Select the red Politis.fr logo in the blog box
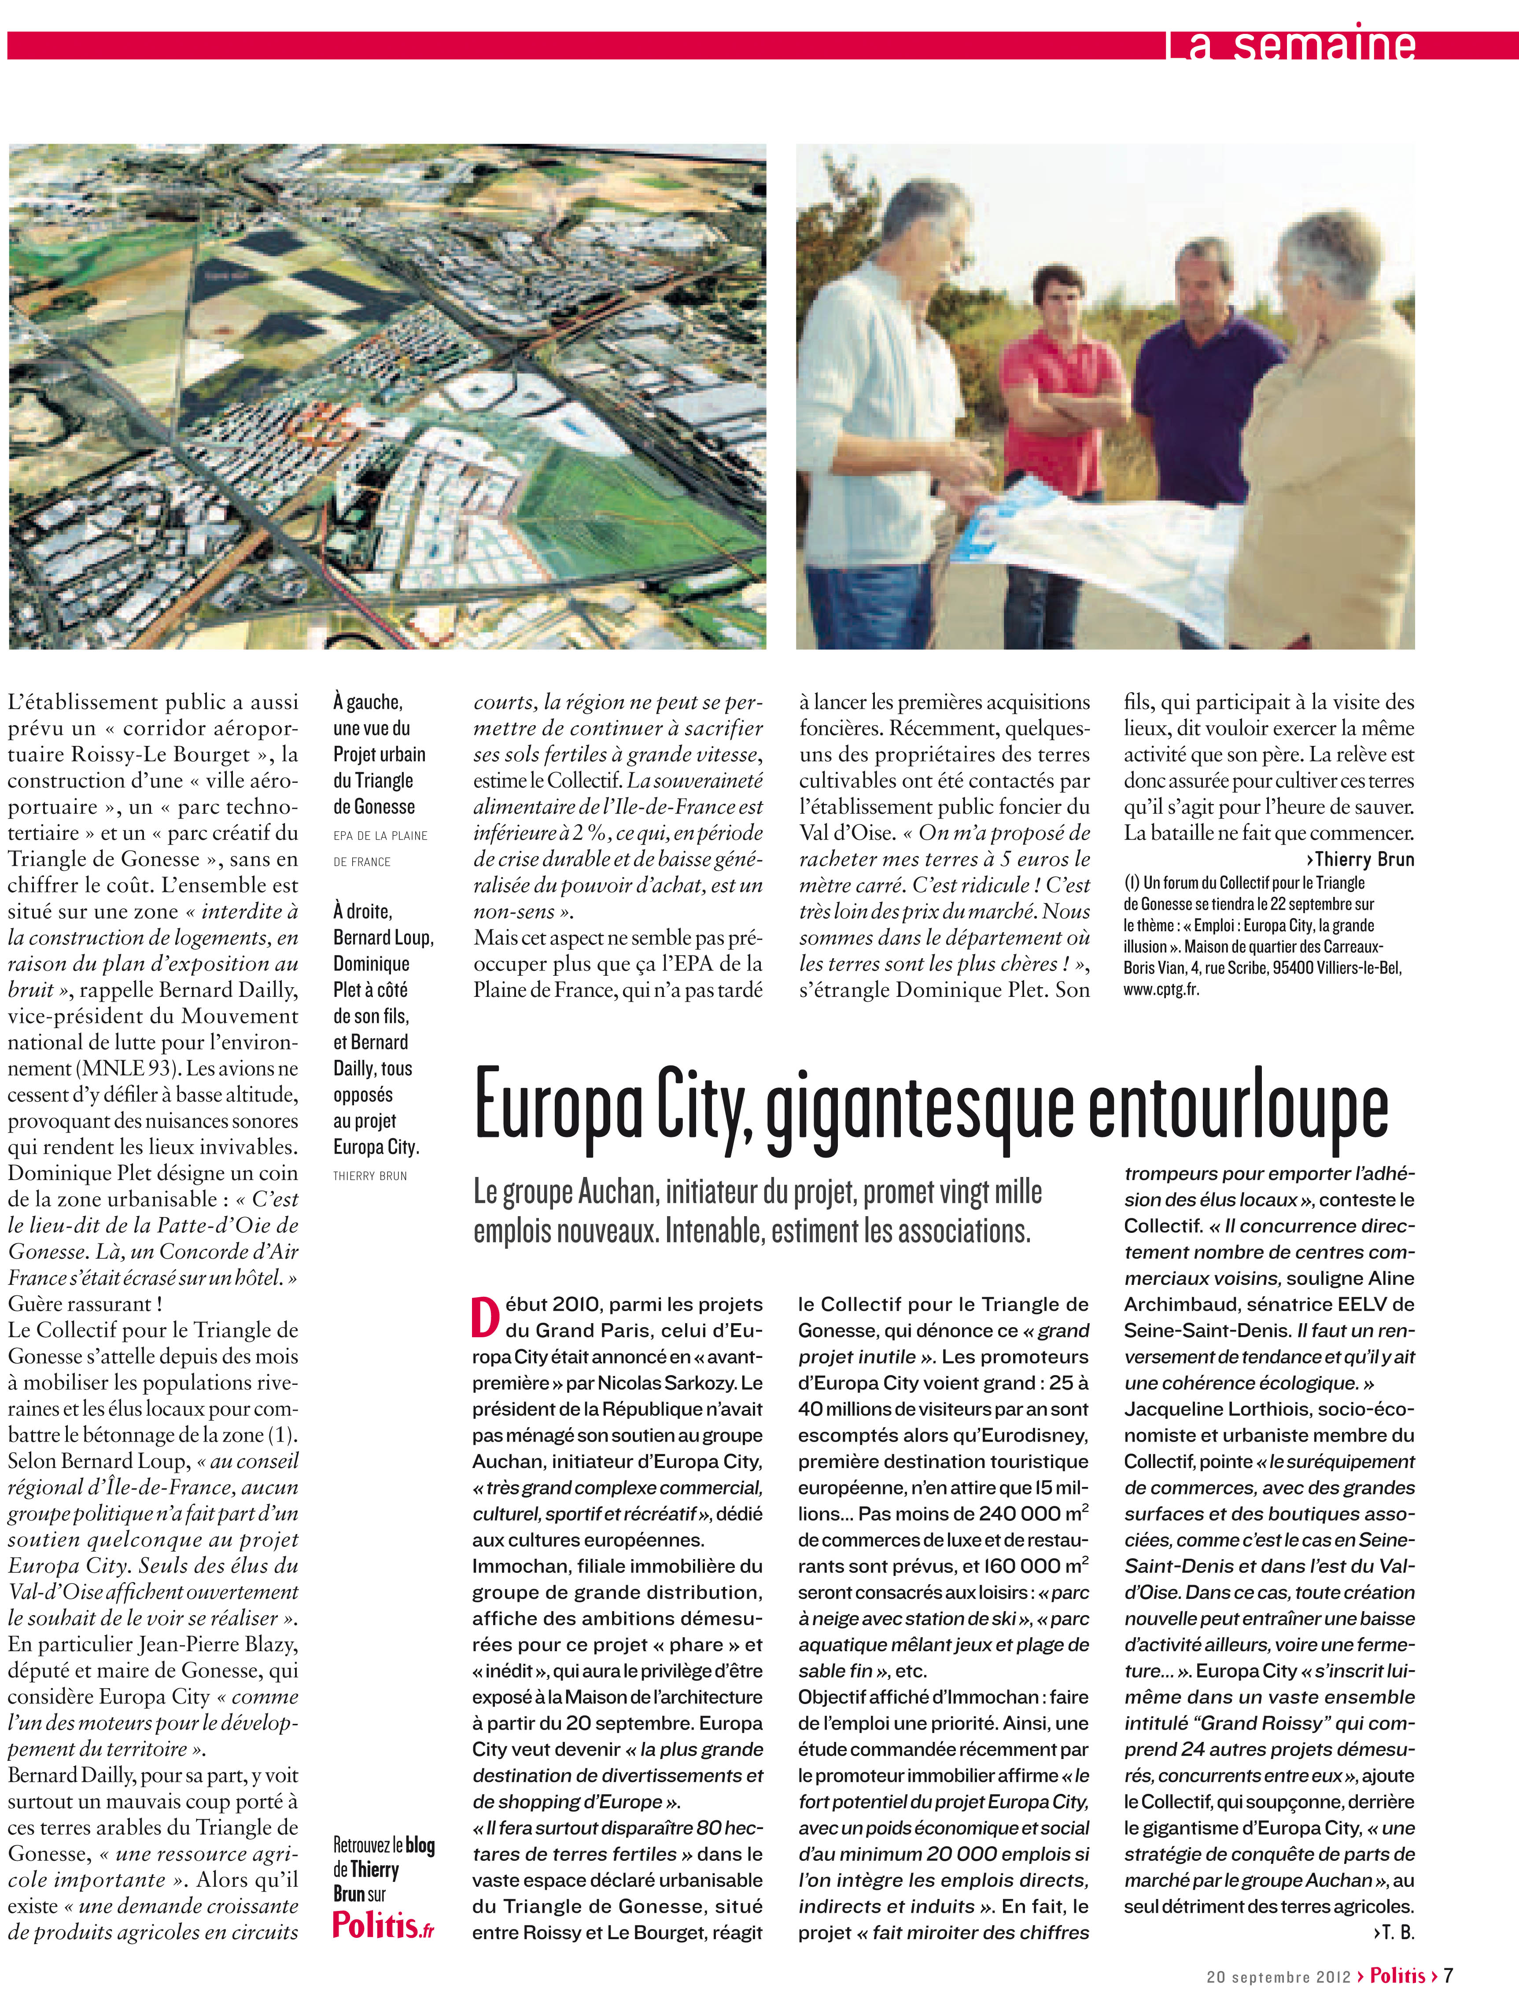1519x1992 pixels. coord(383,1923)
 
